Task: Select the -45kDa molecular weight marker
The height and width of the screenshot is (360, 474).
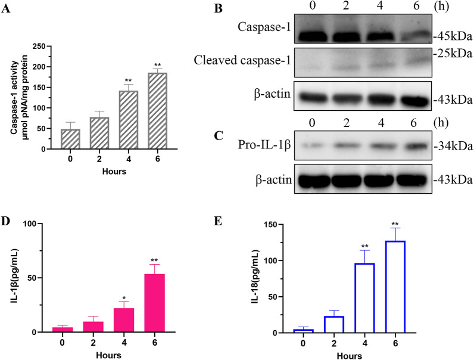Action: pyautogui.click(x=450, y=36)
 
